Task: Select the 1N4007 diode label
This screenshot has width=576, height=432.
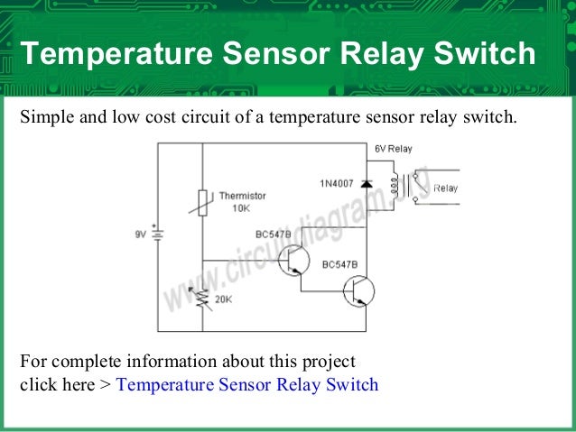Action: [336, 183]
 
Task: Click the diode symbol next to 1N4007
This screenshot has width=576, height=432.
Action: [366, 183]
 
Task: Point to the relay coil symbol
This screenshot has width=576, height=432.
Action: [393, 184]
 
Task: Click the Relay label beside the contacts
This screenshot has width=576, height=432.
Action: [445, 188]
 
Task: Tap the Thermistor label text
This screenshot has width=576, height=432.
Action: [242, 195]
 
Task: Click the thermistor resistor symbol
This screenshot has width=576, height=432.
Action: [202, 202]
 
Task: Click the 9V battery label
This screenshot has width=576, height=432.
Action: [141, 234]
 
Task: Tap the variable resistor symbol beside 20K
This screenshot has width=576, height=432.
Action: [202, 299]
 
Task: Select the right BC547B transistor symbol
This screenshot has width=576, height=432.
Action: [358, 290]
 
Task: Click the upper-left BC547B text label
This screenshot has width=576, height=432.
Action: [274, 234]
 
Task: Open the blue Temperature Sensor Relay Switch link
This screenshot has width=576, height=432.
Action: [247, 385]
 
